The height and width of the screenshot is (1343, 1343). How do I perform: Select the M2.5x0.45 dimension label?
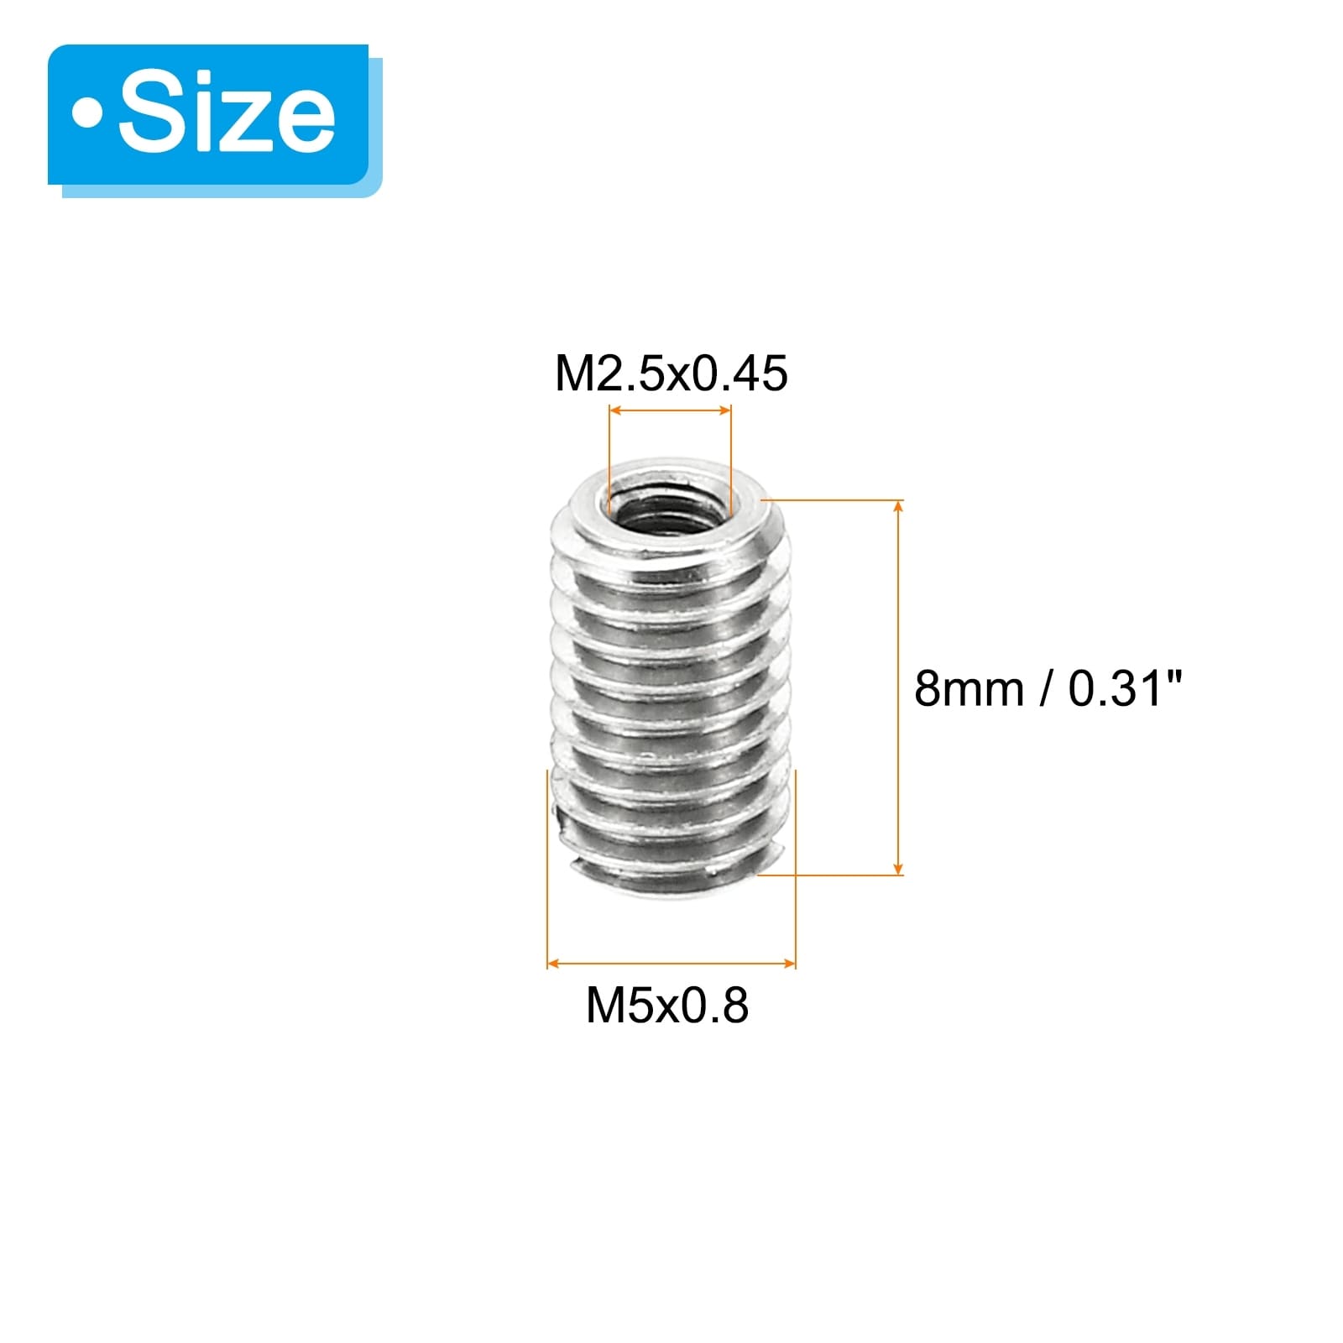671,374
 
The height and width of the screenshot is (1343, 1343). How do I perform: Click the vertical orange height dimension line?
899,687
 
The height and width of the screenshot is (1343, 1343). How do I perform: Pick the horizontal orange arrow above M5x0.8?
671,963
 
